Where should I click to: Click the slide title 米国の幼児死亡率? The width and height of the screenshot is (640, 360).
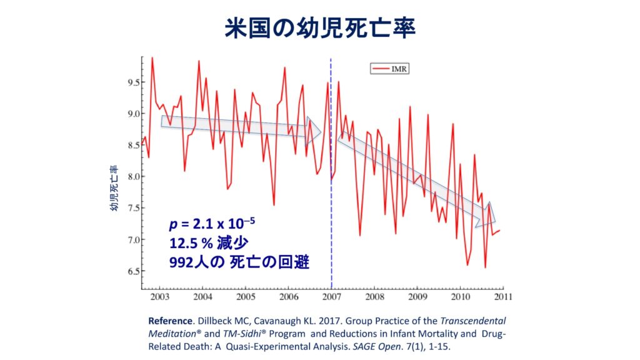320,27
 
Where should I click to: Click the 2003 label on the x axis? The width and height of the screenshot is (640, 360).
159,296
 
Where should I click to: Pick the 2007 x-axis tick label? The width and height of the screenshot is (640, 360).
331,296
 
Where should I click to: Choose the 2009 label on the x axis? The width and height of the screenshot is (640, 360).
417,296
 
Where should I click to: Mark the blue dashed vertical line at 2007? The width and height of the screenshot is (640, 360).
331,187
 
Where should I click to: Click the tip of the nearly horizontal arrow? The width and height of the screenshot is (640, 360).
320,132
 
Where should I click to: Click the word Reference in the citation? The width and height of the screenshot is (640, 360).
171,319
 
